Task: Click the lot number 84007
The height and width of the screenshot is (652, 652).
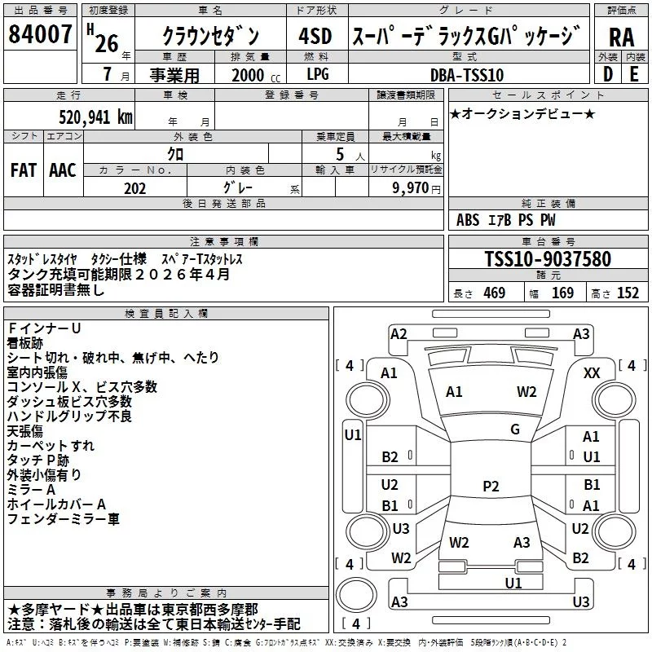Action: [x=40, y=35]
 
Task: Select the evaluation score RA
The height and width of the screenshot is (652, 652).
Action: [x=621, y=37]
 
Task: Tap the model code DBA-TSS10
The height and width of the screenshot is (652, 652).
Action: [x=467, y=75]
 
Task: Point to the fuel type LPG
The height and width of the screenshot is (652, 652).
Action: [x=318, y=75]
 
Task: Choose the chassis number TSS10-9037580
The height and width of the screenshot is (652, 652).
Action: [x=547, y=259]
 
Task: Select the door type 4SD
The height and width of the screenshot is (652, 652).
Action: [x=315, y=36]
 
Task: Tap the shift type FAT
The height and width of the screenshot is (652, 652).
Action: [x=24, y=170]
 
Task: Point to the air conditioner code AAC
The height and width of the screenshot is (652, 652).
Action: [x=63, y=170]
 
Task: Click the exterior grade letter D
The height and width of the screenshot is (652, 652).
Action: [x=608, y=75]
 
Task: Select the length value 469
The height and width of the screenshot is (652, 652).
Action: [x=494, y=293]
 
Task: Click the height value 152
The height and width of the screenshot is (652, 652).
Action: [x=627, y=293]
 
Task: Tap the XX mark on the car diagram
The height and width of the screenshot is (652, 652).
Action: [x=593, y=372]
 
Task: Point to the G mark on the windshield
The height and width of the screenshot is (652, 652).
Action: [x=515, y=430]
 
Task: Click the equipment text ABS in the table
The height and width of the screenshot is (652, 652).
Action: [x=468, y=220]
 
